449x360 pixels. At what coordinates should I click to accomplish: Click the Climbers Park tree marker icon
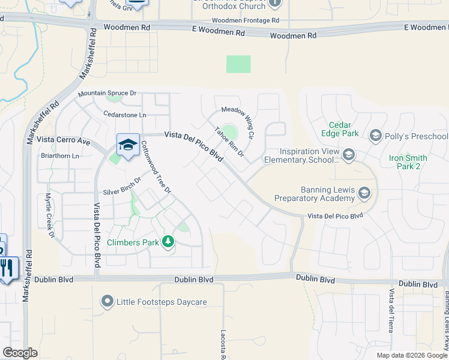169,242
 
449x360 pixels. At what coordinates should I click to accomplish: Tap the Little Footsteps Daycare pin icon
107,301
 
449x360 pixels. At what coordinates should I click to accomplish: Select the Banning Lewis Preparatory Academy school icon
364,193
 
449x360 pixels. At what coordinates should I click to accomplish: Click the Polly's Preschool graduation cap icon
376,136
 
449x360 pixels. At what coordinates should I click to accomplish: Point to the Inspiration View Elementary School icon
349,155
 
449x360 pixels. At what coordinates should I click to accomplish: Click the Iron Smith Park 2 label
408,162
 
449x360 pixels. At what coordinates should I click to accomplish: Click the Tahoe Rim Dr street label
229,142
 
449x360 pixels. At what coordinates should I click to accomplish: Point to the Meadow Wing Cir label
238,119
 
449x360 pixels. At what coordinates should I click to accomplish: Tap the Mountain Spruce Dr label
107,94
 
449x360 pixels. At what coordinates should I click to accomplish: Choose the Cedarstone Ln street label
125,114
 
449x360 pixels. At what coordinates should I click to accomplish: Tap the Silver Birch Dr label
122,185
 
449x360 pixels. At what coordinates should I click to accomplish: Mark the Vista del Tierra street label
391,313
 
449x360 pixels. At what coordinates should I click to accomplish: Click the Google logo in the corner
20,352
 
